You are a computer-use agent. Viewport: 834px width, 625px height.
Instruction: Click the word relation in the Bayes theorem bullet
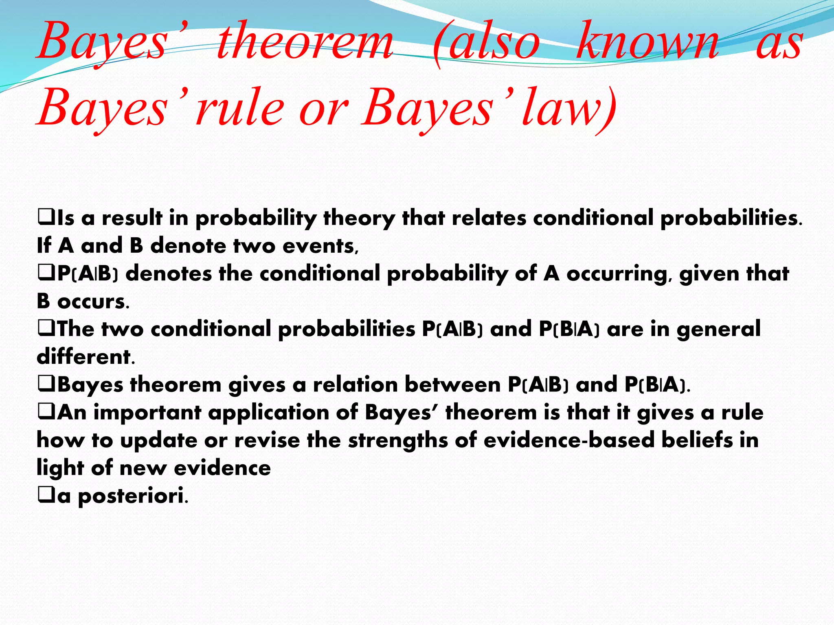click(355, 385)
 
